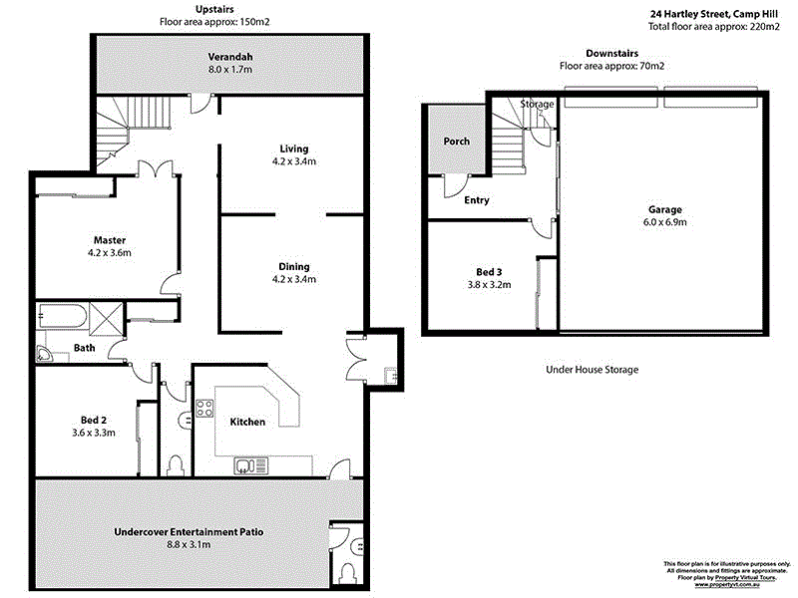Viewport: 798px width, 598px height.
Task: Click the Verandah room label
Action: tap(228, 56)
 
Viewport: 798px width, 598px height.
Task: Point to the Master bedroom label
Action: tap(109, 240)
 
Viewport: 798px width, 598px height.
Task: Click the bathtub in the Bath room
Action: tap(63, 318)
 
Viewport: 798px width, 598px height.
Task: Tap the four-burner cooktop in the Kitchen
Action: tap(205, 408)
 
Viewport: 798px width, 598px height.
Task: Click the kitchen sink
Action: tap(244, 465)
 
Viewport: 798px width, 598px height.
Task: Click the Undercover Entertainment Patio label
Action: tap(189, 532)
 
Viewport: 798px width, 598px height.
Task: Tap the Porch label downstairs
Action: tap(457, 142)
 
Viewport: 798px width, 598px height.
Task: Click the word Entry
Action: tap(477, 200)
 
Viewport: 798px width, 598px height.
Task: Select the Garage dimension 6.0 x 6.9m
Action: tap(665, 222)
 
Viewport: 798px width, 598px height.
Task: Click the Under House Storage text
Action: tap(592, 370)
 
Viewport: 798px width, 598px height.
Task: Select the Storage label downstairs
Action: tap(537, 104)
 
